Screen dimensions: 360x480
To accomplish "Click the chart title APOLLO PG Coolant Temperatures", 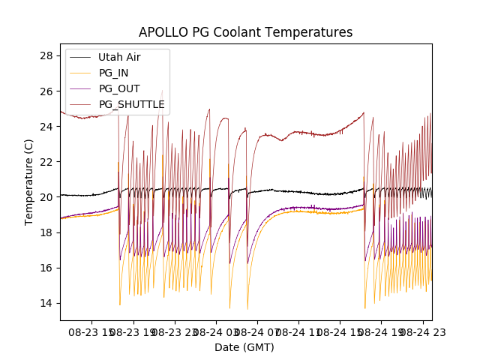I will [245, 33].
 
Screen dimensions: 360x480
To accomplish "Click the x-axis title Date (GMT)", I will [244, 347].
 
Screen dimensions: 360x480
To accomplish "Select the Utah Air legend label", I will [119, 57].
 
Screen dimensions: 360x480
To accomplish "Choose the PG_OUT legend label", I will [119, 88].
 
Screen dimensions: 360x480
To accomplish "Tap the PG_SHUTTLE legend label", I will [131, 104].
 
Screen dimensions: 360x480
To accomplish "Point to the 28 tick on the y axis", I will [46, 55].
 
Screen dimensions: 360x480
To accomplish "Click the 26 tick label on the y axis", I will [46, 91].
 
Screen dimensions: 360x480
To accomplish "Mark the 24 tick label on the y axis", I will [46, 127].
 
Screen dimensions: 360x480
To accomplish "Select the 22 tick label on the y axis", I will [46, 162].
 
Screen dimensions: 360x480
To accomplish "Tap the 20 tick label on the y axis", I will [46, 197].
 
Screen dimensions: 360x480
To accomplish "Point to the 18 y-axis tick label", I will [46, 232].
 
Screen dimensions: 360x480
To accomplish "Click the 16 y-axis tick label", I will [46, 268].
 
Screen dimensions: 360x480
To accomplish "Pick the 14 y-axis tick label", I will [46, 303].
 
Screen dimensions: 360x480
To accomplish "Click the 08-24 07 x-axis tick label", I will [257, 331].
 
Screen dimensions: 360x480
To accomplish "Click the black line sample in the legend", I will [82, 57].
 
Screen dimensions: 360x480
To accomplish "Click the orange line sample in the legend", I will [82, 73].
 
